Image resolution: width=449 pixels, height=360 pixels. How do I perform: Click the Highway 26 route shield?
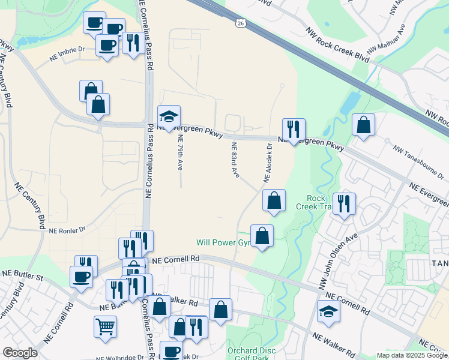point(240,23)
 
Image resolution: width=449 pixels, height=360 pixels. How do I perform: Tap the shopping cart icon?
point(105,326)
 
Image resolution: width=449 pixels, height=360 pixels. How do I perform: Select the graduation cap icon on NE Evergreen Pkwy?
point(169,116)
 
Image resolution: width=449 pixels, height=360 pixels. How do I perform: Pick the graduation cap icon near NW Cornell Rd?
point(328,310)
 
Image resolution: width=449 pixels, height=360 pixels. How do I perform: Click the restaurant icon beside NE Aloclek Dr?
point(294,129)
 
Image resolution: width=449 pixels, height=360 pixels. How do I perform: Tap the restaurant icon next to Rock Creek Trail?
point(344,203)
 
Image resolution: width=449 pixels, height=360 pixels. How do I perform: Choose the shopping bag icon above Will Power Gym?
point(274,200)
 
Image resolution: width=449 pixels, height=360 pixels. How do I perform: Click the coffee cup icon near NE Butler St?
point(82,277)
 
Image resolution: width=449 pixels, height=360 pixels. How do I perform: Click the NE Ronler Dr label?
point(68,230)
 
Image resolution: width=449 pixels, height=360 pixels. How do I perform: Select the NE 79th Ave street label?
point(179,152)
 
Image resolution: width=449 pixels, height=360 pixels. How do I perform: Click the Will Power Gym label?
point(223,243)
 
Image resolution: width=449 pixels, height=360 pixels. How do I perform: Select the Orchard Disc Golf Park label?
point(251,354)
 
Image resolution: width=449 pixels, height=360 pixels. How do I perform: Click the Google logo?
point(20,353)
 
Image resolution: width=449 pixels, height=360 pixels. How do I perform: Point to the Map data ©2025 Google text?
point(412,355)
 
